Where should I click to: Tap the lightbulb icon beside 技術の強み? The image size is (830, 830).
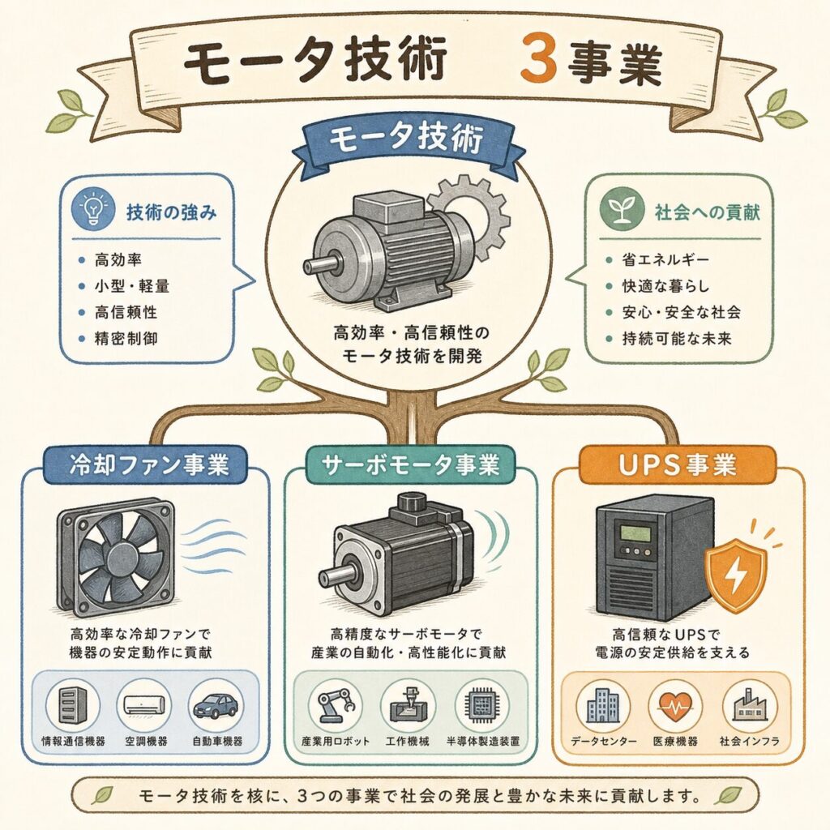point(94,209)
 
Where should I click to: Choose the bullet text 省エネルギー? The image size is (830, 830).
point(665,260)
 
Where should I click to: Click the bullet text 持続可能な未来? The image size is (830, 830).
point(676,338)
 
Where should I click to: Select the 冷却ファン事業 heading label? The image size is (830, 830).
point(145,464)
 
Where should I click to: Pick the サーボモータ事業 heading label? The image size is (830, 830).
point(411,464)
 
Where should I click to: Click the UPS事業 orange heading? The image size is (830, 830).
point(677,464)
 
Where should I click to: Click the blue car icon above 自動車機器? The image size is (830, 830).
point(216,706)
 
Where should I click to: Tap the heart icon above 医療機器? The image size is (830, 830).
point(675,706)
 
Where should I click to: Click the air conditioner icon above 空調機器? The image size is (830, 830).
point(144,705)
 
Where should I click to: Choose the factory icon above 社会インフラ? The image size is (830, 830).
point(750,705)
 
